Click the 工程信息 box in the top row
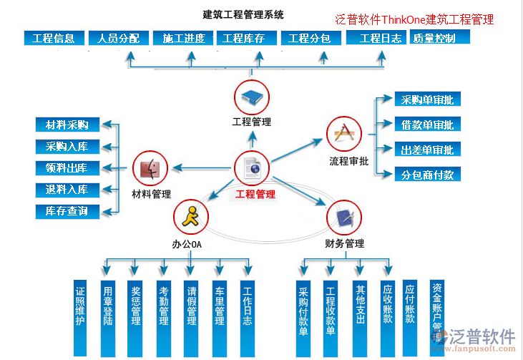tap(54, 38)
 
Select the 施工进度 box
tap(184, 38)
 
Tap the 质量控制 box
tap(434, 38)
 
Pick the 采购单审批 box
tap(427, 100)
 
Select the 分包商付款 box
tap(427, 175)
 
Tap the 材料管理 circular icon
tap(150, 169)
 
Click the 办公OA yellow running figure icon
tap(191, 215)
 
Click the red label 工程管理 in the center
tap(255, 194)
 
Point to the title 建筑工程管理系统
tap(243, 14)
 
